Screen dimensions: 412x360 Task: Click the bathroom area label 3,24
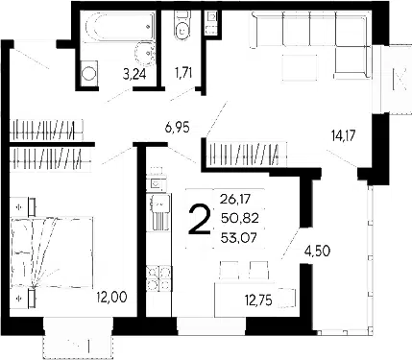134,75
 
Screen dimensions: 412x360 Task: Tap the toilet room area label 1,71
182,73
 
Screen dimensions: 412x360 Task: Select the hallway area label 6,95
177,128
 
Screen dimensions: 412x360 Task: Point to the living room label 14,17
345,135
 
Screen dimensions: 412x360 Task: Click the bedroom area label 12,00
111,298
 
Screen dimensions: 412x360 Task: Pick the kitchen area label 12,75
258,300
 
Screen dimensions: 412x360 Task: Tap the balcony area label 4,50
317,251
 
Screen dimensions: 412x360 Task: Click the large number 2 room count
200,221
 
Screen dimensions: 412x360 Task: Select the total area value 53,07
239,238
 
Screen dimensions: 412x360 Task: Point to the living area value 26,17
235,200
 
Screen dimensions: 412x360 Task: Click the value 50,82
239,219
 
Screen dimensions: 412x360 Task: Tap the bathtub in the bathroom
120,26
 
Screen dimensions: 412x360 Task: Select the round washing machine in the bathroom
88,73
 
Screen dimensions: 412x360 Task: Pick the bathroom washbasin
145,54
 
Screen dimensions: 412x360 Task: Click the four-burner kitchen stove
158,278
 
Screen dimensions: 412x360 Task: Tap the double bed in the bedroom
52,252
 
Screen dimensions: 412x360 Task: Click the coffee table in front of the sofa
300,68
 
